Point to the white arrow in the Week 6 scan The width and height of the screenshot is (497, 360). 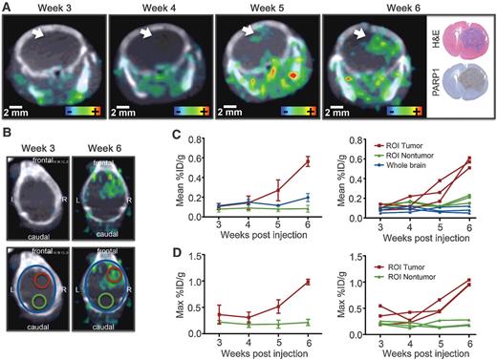tap(361, 33)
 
